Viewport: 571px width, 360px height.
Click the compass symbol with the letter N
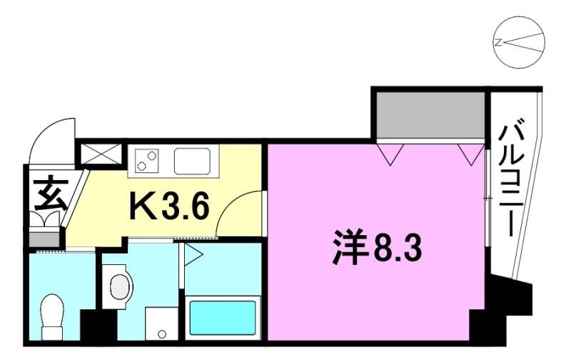(519, 43)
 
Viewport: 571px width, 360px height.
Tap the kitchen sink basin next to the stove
(191, 160)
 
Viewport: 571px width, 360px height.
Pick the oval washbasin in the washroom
(118, 286)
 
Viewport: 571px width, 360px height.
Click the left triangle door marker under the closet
(390, 154)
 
